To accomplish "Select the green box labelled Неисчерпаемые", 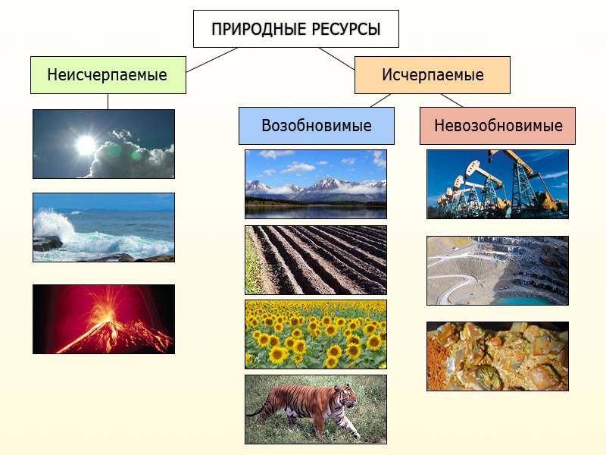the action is click(108, 75).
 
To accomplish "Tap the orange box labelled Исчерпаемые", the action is click(433, 75).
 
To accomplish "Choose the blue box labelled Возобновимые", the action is click(317, 126).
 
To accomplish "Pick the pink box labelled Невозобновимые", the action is click(498, 126).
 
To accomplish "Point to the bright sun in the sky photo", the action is click(86, 145).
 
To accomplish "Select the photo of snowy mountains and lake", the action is click(316, 184).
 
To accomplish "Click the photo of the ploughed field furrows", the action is click(316, 260).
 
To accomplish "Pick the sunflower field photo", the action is click(316, 334).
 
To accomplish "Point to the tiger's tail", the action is click(258, 410).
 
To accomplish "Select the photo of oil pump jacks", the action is click(498, 184).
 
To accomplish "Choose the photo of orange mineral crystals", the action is click(498, 356).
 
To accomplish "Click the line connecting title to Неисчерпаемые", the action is click(212, 60).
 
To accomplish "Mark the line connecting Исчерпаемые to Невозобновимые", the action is click(451, 100).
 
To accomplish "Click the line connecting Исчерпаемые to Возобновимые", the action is click(381, 100).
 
